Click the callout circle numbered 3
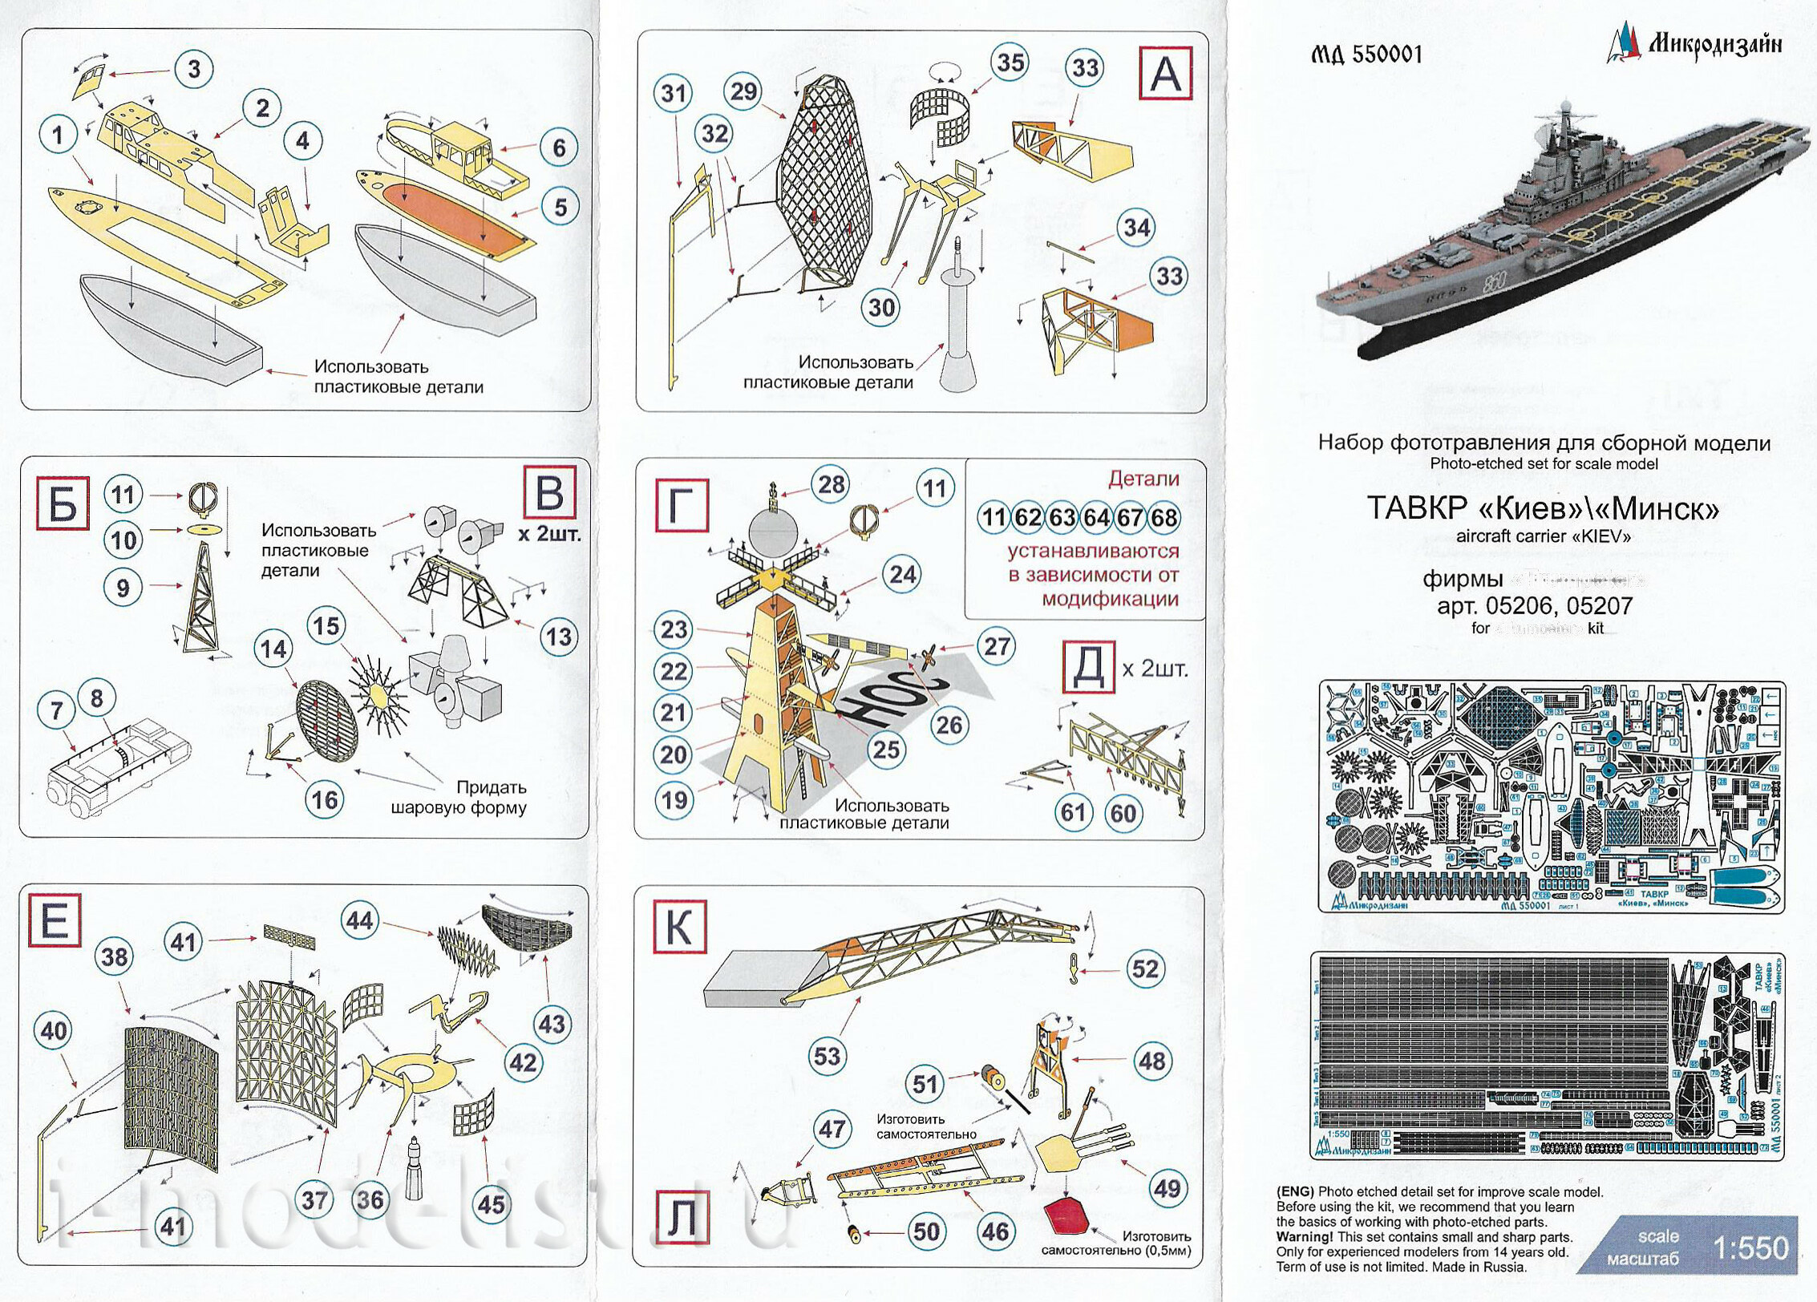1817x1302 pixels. [x=193, y=70]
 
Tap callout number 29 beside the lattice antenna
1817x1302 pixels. [x=743, y=91]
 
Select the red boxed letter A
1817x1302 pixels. [x=1165, y=74]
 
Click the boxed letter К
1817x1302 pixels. [x=678, y=928]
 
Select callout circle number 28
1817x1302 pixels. [x=832, y=484]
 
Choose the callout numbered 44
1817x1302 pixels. [x=359, y=920]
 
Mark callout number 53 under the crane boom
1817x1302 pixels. [x=827, y=1055]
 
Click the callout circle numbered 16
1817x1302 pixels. [x=325, y=799]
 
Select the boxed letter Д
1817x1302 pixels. [x=1088, y=668]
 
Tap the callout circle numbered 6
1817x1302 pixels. [x=559, y=148]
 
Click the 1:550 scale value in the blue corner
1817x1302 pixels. [x=1750, y=1247]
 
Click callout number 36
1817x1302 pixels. [x=370, y=1200]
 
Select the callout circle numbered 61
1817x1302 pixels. [x=1073, y=812]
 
